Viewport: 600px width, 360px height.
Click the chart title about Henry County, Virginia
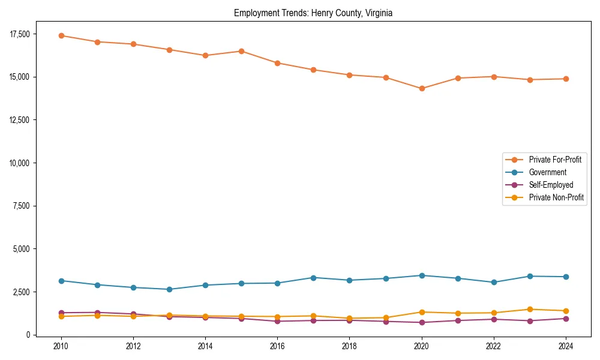(x=313, y=13)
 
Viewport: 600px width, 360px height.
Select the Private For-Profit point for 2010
(x=61, y=35)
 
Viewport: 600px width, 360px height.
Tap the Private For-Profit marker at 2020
(x=422, y=88)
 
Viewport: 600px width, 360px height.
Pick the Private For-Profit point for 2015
(x=241, y=51)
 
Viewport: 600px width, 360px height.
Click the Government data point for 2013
(x=169, y=289)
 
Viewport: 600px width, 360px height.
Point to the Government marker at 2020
(x=422, y=275)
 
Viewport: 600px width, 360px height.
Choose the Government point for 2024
(x=566, y=277)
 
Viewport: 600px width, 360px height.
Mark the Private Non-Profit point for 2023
(x=530, y=310)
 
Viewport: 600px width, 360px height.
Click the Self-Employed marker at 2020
(x=422, y=322)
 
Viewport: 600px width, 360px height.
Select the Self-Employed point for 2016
(x=277, y=321)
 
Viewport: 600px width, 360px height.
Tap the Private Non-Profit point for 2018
(x=349, y=318)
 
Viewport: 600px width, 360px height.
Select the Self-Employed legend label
(x=551, y=185)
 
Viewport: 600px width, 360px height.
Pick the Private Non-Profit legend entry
(x=556, y=197)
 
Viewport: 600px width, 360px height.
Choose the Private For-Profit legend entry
(x=555, y=160)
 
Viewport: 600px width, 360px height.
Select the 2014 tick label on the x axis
(x=205, y=346)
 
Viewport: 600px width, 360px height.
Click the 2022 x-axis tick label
(x=494, y=346)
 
